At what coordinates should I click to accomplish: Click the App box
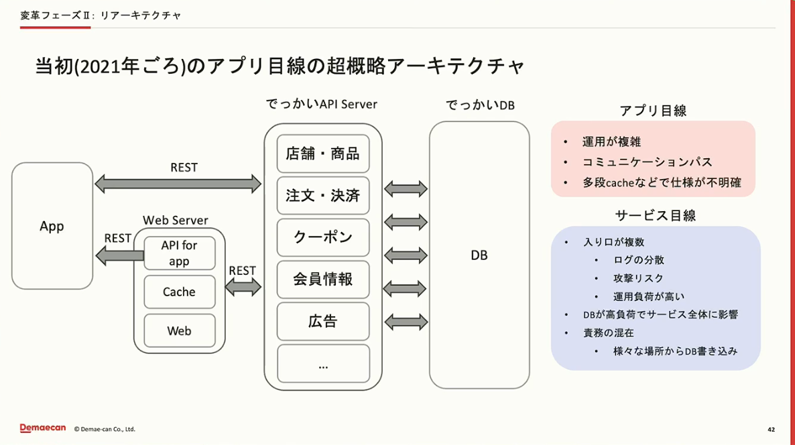52,226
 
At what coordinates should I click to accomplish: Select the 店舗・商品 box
323,153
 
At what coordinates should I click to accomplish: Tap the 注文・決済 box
323,196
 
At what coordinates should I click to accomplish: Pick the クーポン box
323,237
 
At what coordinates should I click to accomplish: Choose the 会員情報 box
323,279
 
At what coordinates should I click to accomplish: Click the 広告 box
323,321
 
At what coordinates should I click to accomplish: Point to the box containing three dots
323,363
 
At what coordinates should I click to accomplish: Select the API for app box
180,253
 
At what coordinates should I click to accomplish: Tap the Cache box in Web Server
180,292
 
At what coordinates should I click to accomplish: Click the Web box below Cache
180,330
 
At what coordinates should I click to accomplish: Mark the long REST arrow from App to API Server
178,184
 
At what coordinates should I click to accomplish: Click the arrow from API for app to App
120,255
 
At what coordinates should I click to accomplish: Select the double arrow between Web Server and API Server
243,288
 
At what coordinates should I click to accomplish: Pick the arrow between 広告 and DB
406,322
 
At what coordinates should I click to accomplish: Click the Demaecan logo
43,428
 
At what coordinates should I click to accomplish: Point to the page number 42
771,430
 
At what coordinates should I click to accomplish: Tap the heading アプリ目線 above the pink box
653,111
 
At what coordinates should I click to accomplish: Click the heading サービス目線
656,216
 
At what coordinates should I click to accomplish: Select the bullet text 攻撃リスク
638,278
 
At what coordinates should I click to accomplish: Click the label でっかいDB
480,105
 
